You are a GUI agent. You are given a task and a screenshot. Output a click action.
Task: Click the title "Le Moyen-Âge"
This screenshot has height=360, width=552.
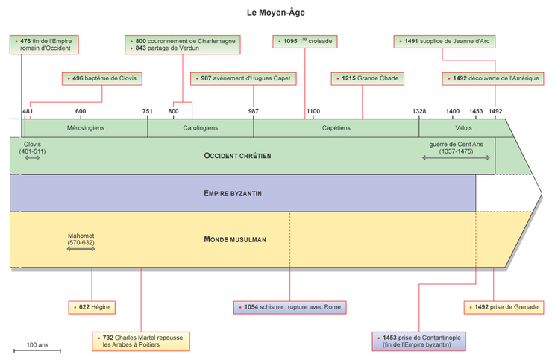click(x=276, y=13)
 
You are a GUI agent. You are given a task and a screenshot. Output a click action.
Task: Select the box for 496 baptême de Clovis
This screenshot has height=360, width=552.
click(x=101, y=78)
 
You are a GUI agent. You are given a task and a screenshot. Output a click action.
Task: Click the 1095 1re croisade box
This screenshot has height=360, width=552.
click(x=304, y=41)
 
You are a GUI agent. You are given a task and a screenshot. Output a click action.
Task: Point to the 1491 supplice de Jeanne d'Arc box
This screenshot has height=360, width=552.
click(x=442, y=41)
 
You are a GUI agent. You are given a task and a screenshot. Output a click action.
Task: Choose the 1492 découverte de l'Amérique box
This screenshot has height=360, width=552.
click(x=494, y=78)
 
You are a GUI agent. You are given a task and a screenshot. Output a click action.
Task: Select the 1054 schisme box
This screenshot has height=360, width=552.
click(x=290, y=307)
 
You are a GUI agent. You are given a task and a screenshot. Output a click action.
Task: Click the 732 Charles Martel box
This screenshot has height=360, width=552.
click(x=142, y=341)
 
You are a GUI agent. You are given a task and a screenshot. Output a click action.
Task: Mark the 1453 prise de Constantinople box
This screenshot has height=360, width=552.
click(x=421, y=341)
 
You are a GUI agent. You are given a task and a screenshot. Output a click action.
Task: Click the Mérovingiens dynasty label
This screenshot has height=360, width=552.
click(x=86, y=128)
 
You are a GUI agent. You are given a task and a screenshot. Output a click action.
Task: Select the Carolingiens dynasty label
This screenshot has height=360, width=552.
click(x=200, y=128)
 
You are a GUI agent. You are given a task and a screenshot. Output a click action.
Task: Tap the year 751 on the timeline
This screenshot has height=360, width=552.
click(x=147, y=111)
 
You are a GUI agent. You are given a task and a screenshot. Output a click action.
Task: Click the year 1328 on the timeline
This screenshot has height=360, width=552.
click(x=419, y=111)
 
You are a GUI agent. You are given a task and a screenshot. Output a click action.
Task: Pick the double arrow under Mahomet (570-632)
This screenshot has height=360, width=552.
click(x=81, y=250)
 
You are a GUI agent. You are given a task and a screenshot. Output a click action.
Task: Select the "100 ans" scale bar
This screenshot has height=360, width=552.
click(x=37, y=349)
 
